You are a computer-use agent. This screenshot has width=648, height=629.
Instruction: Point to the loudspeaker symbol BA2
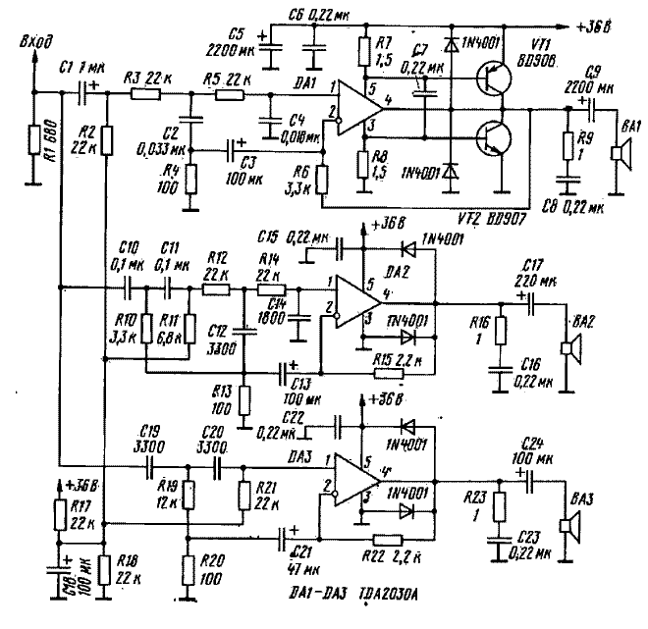[567, 347]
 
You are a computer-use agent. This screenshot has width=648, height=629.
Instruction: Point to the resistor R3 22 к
[145, 94]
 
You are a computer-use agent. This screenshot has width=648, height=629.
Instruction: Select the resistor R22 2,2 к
[389, 538]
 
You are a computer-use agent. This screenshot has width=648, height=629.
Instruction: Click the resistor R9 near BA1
[567, 145]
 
